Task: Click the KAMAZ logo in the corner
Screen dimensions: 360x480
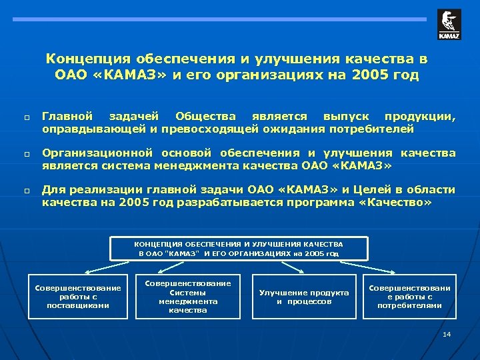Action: [449, 24]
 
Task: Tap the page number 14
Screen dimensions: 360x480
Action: [447, 333]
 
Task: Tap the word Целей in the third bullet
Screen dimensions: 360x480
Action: [340, 190]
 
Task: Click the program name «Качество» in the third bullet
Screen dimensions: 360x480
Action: [396, 202]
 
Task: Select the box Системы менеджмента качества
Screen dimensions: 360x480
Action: [187, 297]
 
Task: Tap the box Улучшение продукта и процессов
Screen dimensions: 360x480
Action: [304, 297]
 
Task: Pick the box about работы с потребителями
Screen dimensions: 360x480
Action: [409, 297]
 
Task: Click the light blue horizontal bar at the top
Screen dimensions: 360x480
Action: [220, 20]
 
